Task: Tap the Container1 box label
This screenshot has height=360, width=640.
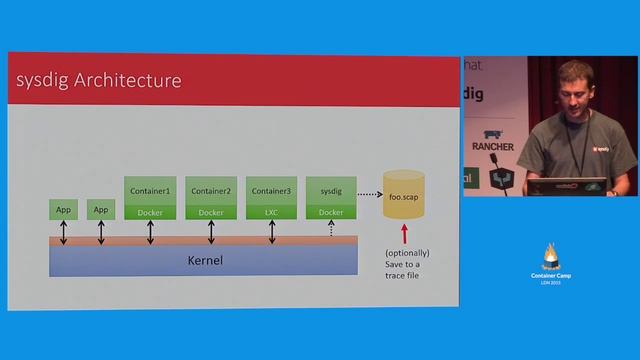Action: pyautogui.click(x=150, y=191)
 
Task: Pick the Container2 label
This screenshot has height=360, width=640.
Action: pyautogui.click(x=211, y=191)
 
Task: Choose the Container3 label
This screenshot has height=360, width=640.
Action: pyautogui.click(x=271, y=191)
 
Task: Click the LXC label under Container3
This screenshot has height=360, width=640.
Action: pyautogui.click(x=271, y=212)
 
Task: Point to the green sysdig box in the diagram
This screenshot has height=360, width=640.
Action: pyautogui.click(x=331, y=191)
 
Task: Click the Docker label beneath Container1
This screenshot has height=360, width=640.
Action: pyautogui.click(x=150, y=212)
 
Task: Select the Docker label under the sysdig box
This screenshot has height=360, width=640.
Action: pyautogui.click(x=331, y=212)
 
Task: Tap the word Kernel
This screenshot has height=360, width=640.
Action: pyautogui.click(x=204, y=260)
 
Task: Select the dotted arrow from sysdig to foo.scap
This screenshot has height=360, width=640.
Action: pyautogui.click(x=370, y=194)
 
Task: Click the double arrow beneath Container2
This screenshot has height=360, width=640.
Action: pyautogui.click(x=211, y=231)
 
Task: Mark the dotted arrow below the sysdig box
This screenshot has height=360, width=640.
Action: pyautogui.click(x=331, y=229)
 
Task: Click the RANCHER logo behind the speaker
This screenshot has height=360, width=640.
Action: pyautogui.click(x=492, y=146)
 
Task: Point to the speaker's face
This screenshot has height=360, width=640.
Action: pyautogui.click(x=571, y=87)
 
